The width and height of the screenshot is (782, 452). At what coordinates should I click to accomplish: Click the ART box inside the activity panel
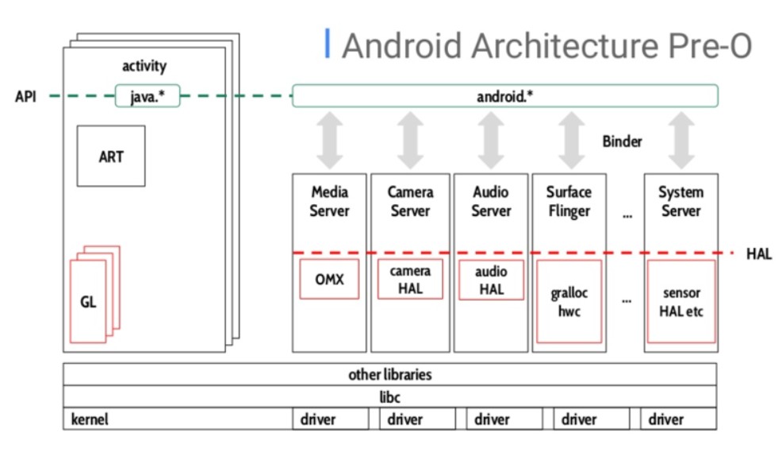point(111,156)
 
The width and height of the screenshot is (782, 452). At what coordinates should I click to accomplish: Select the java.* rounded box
point(148,96)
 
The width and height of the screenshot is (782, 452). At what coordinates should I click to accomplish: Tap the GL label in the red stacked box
point(88,302)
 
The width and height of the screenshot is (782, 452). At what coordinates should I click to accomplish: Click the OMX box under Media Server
point(329,280)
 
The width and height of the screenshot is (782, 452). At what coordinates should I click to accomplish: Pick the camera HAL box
point(410,280)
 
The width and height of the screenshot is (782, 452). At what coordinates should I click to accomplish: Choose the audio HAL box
point(491,280)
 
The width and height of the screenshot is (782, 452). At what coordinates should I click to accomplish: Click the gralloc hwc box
point(569,301)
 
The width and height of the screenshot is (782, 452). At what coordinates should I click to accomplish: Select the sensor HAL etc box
point(680,302)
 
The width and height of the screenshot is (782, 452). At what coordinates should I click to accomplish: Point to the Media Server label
point(329,201)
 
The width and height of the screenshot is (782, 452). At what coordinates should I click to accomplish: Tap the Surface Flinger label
point(569,201)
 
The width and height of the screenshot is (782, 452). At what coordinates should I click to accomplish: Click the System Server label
point(680,201)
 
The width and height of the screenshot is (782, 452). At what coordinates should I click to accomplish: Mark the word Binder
point(622,141)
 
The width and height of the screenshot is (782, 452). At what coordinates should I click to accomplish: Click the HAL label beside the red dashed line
point(758,254)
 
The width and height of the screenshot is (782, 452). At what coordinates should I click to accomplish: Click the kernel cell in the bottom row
point(90,419)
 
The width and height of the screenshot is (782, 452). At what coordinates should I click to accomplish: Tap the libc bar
point(389,396)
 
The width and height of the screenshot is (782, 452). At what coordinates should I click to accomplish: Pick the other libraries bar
point(389,374)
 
